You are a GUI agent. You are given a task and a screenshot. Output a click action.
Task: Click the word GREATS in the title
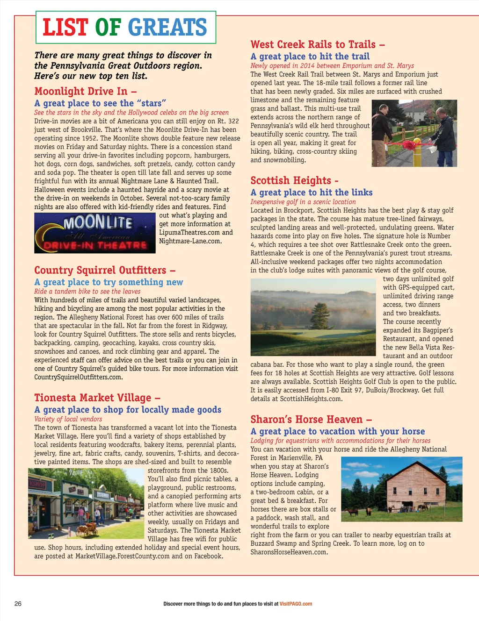point(167,27)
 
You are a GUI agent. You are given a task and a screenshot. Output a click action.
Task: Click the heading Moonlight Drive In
point(85,91)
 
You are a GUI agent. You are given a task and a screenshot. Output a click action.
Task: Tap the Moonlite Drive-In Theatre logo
point(95,233)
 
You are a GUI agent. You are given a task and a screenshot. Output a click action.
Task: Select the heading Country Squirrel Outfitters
point(105,270)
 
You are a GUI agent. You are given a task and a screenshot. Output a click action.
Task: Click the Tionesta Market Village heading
point(97,398)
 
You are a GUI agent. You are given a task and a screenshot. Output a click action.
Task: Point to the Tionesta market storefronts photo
point(86,503)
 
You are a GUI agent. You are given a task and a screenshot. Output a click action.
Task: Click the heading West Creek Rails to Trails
point(318,44)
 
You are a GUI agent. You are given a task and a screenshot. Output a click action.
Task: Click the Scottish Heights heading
point(294,180)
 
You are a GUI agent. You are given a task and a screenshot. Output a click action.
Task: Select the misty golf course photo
point(313,317)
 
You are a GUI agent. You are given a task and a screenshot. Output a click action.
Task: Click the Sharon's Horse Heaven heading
point(311,419)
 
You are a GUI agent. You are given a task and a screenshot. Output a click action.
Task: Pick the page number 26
point(18,603)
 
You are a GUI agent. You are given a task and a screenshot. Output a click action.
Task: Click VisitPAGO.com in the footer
point(296,604)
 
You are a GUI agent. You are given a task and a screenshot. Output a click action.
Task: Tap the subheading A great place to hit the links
point(312,192)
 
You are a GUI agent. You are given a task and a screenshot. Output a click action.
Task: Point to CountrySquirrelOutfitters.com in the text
point(78,377)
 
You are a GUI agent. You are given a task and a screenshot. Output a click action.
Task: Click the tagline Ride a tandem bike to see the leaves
point(87,291)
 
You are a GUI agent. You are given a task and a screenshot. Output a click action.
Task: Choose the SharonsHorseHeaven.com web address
point(289,552)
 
